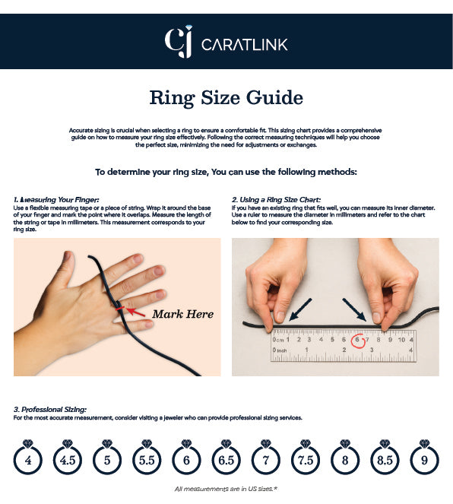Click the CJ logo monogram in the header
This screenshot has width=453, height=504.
point(179,42)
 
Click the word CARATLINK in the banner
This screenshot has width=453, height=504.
point(244,44)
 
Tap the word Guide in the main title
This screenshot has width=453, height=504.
point(274,98)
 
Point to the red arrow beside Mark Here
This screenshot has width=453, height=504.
point(135,312)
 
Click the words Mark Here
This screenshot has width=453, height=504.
point(183,314)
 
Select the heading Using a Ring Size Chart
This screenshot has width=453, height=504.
point(276,200)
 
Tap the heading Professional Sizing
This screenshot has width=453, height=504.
point(50,410)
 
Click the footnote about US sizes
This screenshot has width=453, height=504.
point(226,489)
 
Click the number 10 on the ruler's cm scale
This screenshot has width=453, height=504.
point(401,340)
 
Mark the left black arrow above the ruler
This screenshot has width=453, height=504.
point(300,309)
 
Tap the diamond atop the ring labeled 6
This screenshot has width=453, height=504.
point(186,444)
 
